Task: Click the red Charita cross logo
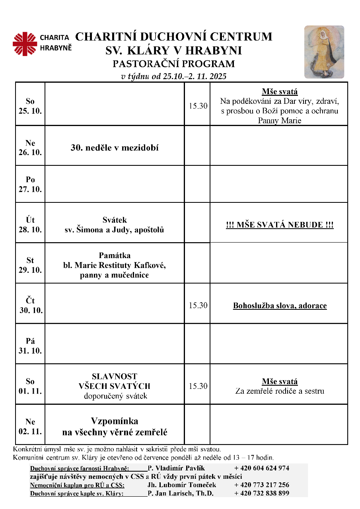point(25,44)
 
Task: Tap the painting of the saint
point(324,52)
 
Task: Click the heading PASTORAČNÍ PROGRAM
point(173,64)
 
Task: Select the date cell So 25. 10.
point(30,106)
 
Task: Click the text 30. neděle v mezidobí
point(115,148)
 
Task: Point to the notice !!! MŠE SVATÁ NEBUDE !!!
point(279,225)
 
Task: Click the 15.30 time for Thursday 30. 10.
point(198,305)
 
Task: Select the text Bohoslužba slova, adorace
point(280,306)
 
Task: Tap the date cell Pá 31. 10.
point(30,346)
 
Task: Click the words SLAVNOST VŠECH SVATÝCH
point(115,381)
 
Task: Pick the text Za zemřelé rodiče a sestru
point(280,391)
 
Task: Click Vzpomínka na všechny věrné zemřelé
point(115,427)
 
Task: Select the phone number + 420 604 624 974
point(261,468)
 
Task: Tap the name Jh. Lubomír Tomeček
point(182,485)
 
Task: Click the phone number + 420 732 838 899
point(261,493)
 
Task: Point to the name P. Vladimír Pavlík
point(176,468)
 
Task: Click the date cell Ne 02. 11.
point(30,426)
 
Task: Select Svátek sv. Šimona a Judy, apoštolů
point(115,225)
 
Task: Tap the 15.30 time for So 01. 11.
point(198,386)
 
